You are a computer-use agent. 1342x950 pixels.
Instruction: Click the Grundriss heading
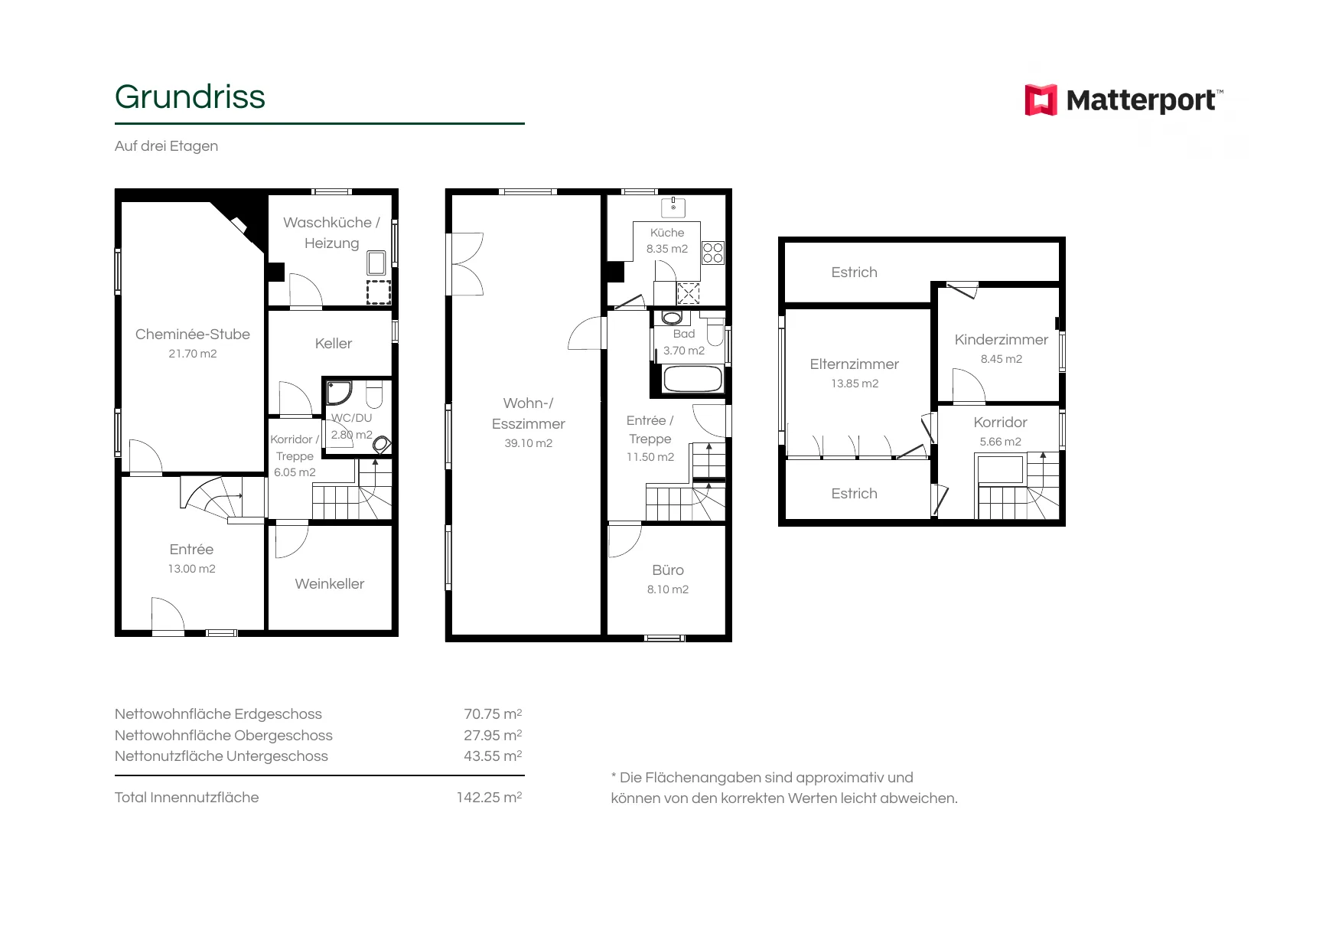click(x=190, y=97)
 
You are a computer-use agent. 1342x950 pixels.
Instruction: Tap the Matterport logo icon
click(x=1041, y=100)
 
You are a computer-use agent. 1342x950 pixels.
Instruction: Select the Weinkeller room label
click(x=330, y=584)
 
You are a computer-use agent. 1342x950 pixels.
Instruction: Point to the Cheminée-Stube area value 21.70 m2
click(x=193, y=354)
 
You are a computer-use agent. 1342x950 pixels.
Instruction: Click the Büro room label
click(x=668, y=570)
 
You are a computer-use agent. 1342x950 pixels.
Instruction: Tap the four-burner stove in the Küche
click(x=713, y=253)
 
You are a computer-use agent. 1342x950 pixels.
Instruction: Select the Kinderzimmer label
click(x=1002, y=340)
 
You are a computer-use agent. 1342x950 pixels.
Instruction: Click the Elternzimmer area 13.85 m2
click(x=855, y=384)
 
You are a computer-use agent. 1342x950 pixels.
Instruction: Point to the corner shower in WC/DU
click(x=337, y=392)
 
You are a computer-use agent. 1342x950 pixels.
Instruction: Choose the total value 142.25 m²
click(x=489, y=797)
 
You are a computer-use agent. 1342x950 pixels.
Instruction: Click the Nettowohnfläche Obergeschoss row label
click(x=223, y=736)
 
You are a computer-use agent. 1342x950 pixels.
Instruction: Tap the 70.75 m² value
click(x=493, y=714)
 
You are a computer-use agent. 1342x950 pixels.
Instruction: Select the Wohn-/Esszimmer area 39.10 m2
click(x=529, y=443)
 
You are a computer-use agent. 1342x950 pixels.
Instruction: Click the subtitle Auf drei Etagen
click(x=166, y=146)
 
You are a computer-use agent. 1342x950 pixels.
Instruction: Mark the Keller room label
click(x=334, y=344)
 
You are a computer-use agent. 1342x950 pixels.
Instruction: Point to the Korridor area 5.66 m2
click(x=1001, y=442)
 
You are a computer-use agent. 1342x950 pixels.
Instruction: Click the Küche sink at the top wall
click(x=673, y=207)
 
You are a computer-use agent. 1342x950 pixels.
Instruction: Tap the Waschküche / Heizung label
click(x=331, y=233)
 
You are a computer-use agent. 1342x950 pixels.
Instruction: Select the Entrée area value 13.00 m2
click(x=192, y=569)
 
